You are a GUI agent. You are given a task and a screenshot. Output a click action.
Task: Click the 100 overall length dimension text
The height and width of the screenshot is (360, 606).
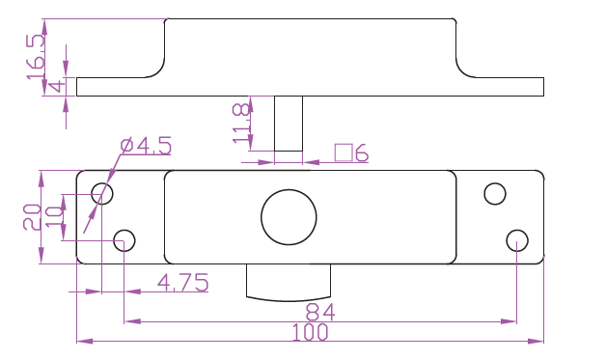[310, 332]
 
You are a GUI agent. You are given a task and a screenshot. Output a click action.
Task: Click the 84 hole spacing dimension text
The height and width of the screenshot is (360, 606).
[320, 312]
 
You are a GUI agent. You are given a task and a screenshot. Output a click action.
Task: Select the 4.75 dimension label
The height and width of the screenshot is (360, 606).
[182, 282]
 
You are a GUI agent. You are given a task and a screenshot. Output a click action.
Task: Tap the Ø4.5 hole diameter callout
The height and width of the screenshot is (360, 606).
[146, 146]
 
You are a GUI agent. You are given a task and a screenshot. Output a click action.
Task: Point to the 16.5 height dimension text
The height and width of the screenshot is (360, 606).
[36, 57]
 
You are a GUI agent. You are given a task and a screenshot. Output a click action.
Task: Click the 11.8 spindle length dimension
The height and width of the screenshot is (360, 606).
[241, 124]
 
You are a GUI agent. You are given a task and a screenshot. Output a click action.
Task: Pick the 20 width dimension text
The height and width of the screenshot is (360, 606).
[32, 217]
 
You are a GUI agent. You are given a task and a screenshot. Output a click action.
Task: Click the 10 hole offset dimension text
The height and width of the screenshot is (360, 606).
[54, 217]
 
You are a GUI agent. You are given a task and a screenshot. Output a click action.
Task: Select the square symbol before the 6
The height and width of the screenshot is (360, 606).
[344, 152]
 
